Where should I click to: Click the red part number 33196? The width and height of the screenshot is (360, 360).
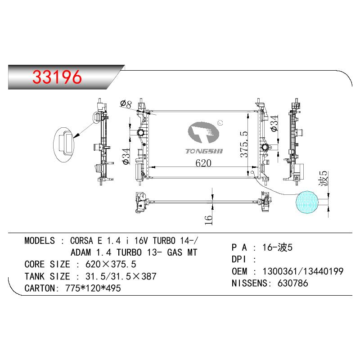(x=57, y=77)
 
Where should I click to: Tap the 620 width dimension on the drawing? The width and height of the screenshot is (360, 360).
(x=203, y=163)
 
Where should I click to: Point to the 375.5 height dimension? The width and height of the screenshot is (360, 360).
(x=244, y=144)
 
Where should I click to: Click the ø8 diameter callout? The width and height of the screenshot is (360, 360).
(x=126, y=104)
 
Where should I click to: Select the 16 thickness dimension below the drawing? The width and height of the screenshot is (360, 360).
(x=209, y=220)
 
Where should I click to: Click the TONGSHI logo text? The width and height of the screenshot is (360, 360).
(x=204, y=151)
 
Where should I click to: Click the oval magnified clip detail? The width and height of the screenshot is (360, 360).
(x=64, y=145)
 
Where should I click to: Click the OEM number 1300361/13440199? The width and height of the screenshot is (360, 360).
(x=303, y=271)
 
